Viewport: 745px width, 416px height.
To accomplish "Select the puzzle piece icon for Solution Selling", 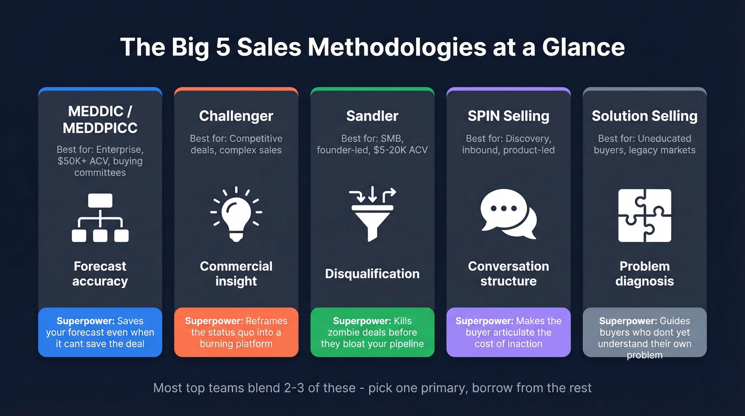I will pyautogui.click(x=644, y=215).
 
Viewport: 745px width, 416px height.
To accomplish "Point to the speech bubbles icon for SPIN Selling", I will pyautogui.click(x=508, y=214).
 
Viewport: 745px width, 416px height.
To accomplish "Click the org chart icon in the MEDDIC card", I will pyautogui.click(x=100, y=217).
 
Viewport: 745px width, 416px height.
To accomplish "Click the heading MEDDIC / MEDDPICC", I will pyautogui.click(x=100, y=120).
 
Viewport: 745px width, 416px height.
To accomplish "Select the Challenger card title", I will pyautogui.click(x=236, y=116).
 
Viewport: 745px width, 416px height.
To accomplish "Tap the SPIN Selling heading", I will pyautogui.click(x=508, y=116).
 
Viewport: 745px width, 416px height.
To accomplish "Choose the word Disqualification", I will pyautogui.click(x=372, y=274).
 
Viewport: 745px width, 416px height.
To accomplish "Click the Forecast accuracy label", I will pyautogui.click(x=100, y=274).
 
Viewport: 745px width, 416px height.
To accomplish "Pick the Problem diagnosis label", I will pyautogui.click(x=644, y=274).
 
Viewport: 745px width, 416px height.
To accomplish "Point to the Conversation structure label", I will pyautogui.click(x=508, y=274).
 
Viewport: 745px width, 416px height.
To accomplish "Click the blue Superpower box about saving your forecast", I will pyautogui.click(x=100, y=332).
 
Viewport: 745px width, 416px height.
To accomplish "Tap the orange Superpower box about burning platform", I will pyautogui.click(x=236, y=332).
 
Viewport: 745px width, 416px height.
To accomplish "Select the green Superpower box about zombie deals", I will pyautogui.click(x=372, y=332).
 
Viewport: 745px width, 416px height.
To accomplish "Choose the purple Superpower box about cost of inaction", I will pyautogui.click(x=508, y=332).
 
